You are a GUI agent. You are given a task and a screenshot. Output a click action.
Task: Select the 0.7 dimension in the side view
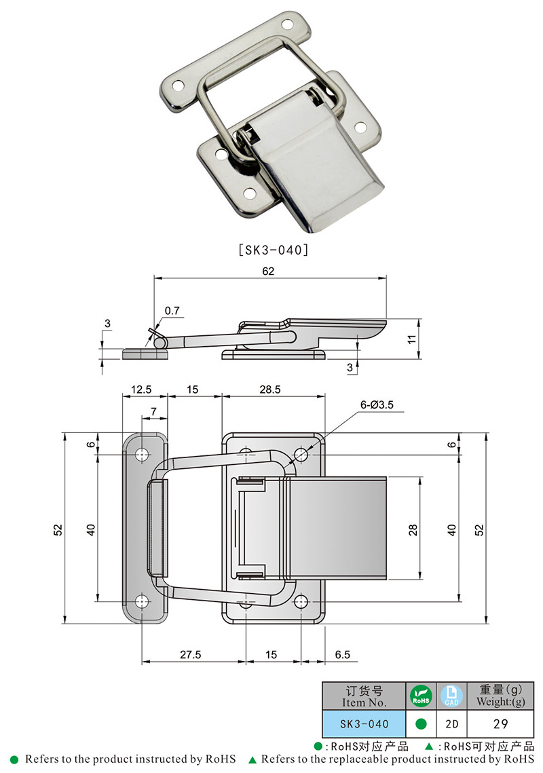[172, 312]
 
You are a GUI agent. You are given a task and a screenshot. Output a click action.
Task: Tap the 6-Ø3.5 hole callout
[377, 405]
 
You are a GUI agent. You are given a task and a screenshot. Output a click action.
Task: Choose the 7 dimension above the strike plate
[153, 412]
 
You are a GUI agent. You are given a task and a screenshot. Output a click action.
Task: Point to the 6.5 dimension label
[343, 655]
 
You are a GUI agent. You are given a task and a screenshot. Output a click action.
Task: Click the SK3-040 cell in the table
[364, 724]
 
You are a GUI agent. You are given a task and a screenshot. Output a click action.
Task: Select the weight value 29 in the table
[501, 724]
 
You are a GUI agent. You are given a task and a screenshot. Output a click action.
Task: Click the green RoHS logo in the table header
[420, 696]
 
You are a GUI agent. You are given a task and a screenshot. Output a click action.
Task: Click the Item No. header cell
[364, 696]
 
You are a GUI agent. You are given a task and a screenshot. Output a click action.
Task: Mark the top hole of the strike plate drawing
[143, 454]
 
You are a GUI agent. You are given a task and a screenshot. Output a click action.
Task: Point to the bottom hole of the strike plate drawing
[143, 601]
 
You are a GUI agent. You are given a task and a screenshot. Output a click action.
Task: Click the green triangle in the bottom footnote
[252, 759]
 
